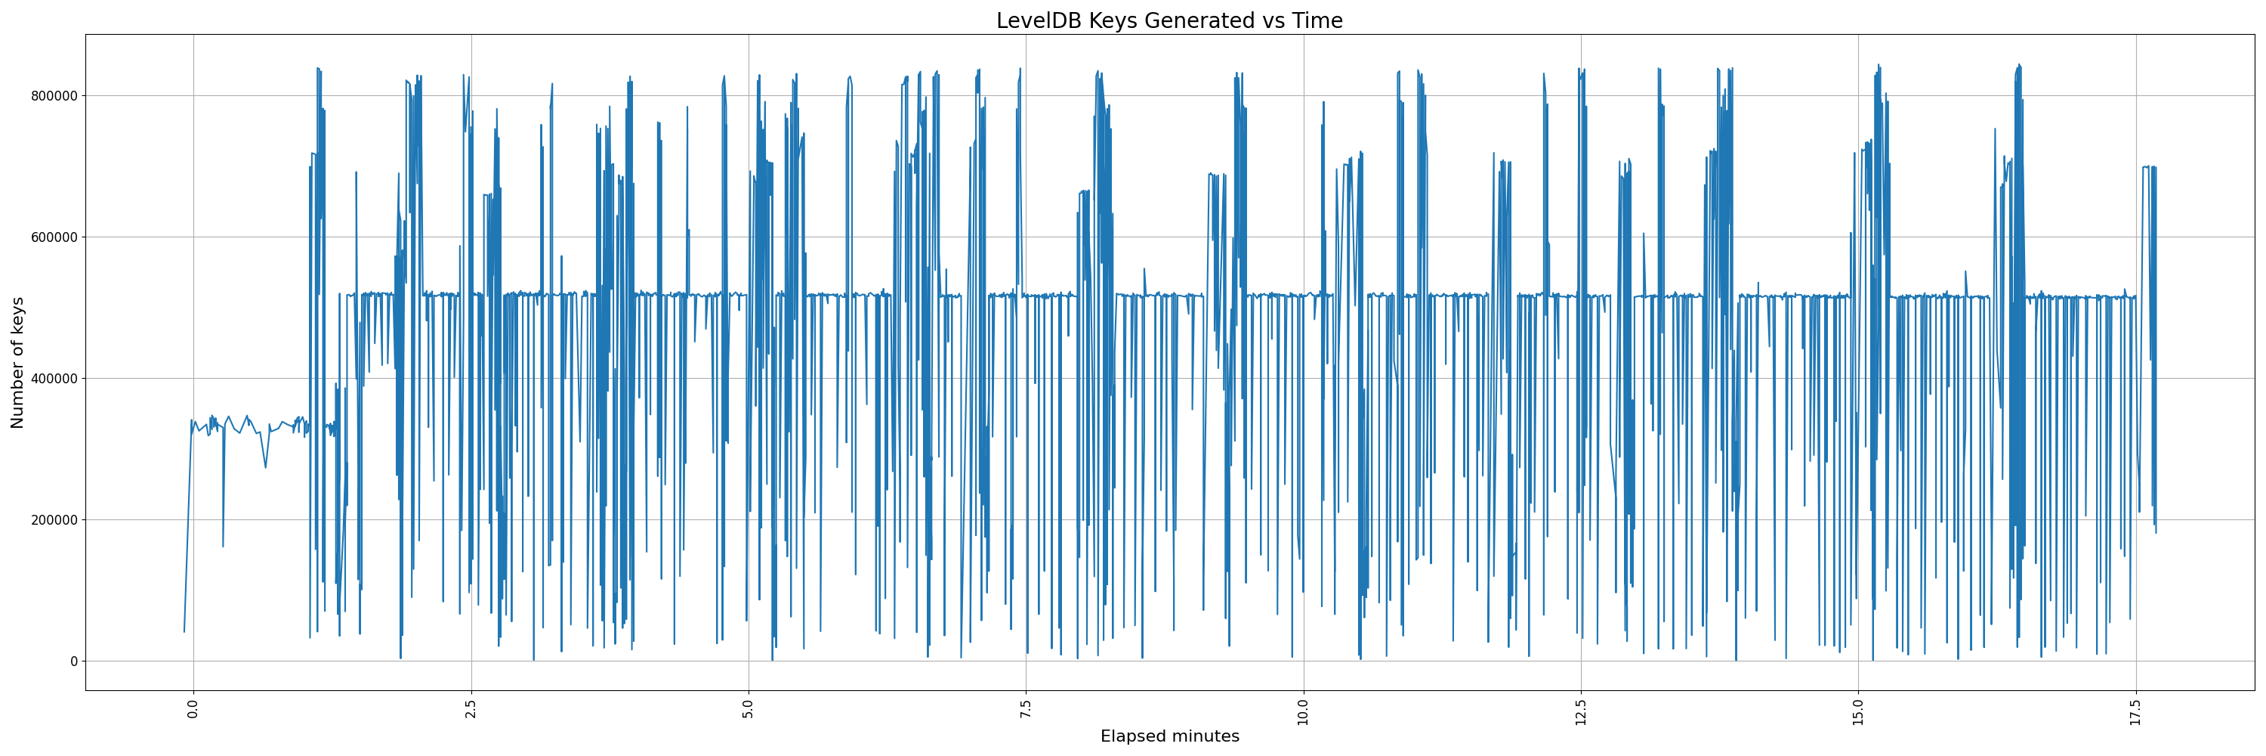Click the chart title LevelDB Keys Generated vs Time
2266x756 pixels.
[1169, 21]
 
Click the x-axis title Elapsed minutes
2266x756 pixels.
[1169, 736]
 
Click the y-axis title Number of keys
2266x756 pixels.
[17, 363]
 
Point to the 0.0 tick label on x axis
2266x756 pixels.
[193, 710]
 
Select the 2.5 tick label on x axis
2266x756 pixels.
[471, 710]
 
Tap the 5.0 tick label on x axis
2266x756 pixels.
[749, 710]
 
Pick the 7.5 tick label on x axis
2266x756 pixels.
[1026, 710]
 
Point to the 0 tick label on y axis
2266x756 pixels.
[74, 661]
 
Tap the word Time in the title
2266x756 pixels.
[1317, 21]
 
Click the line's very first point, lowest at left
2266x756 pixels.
[184, 631]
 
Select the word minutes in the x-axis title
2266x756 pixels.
[1203, 736]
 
